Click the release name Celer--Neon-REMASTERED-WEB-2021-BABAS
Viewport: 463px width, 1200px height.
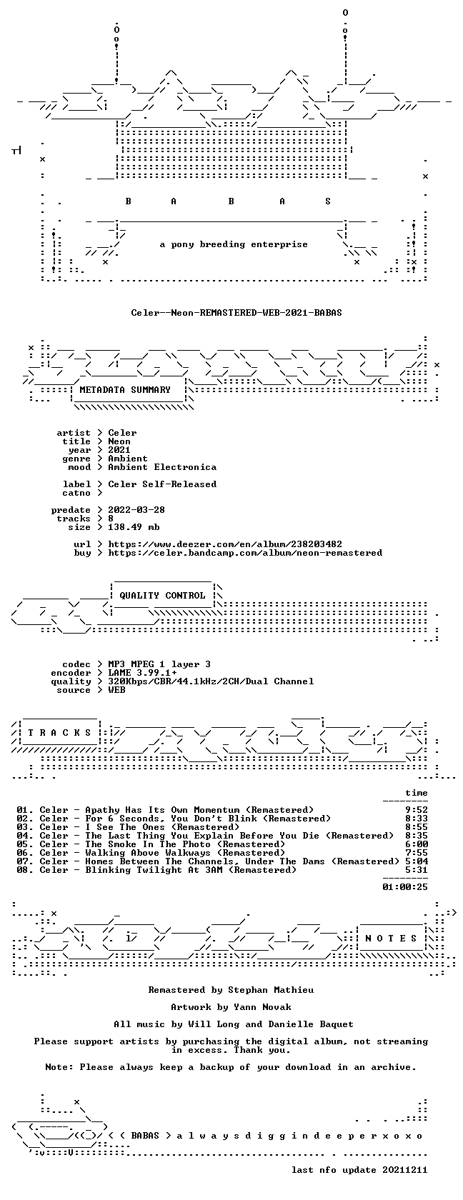237,312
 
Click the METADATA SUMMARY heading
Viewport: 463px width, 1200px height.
125,389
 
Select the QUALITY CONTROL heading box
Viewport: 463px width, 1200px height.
162,595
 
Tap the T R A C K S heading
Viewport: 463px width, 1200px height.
59,732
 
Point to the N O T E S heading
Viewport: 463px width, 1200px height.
391,938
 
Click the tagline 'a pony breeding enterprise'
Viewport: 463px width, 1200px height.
234,244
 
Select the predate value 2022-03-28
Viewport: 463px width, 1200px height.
136,509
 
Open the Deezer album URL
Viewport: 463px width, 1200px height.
225,544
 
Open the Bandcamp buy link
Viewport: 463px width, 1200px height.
245,552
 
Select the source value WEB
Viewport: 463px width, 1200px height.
116,689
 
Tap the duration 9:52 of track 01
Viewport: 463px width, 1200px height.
417,809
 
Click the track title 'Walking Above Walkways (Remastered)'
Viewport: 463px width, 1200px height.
185,852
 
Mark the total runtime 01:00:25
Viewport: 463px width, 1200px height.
404,886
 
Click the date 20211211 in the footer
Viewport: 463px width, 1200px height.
404,1169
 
